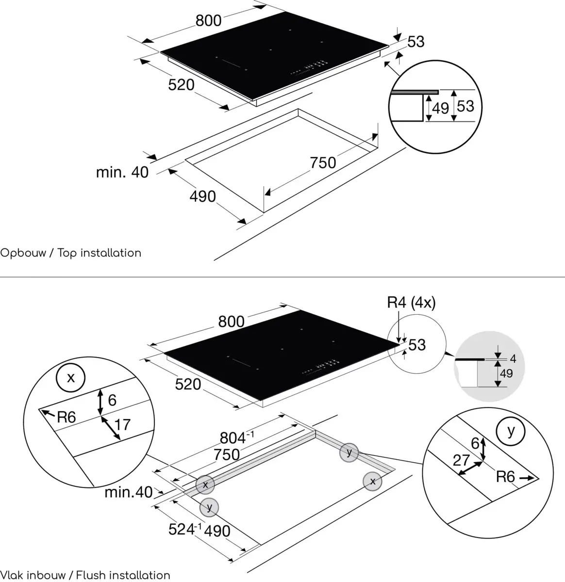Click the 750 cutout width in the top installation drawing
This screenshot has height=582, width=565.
point(323,162)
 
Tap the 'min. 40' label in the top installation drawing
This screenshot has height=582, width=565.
point(122,172)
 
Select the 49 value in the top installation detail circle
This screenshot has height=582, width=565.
point(440,108)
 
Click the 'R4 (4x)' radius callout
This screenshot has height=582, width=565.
point(411,303)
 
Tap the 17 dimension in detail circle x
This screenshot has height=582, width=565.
point(123,424)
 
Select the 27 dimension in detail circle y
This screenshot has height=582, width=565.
point(461,460)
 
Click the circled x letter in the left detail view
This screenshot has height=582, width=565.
point(71,377)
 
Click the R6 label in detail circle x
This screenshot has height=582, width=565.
point(66,417)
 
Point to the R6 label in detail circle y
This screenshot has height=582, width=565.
point(505,477)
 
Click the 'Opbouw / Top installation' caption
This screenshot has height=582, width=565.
point(71,253)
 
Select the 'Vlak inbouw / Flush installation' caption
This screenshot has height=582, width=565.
point(85,575)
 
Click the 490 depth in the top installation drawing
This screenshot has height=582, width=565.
point(202,196)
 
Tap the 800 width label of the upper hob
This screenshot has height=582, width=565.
point(208,20)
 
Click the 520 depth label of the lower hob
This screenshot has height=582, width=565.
point(187,384)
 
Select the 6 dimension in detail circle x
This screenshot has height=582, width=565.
point(112,400)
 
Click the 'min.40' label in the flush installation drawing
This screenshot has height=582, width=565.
point(128,493)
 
